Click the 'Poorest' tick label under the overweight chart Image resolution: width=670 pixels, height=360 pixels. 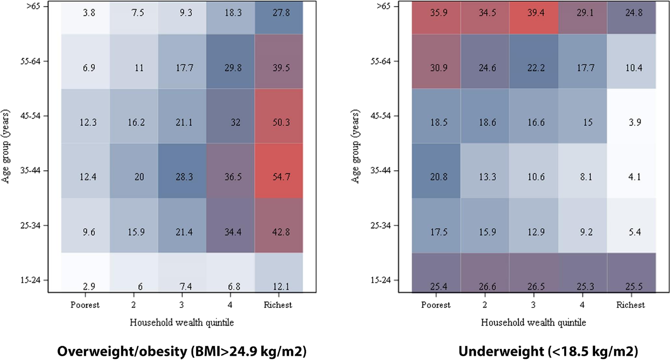[85, 305]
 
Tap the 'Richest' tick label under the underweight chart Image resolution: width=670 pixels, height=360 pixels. [630, 305]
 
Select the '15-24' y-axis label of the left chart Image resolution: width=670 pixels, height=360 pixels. [30, 280]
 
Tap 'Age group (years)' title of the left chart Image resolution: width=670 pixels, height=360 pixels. [6, 147]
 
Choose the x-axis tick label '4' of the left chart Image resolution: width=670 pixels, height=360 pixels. [231, 305]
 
